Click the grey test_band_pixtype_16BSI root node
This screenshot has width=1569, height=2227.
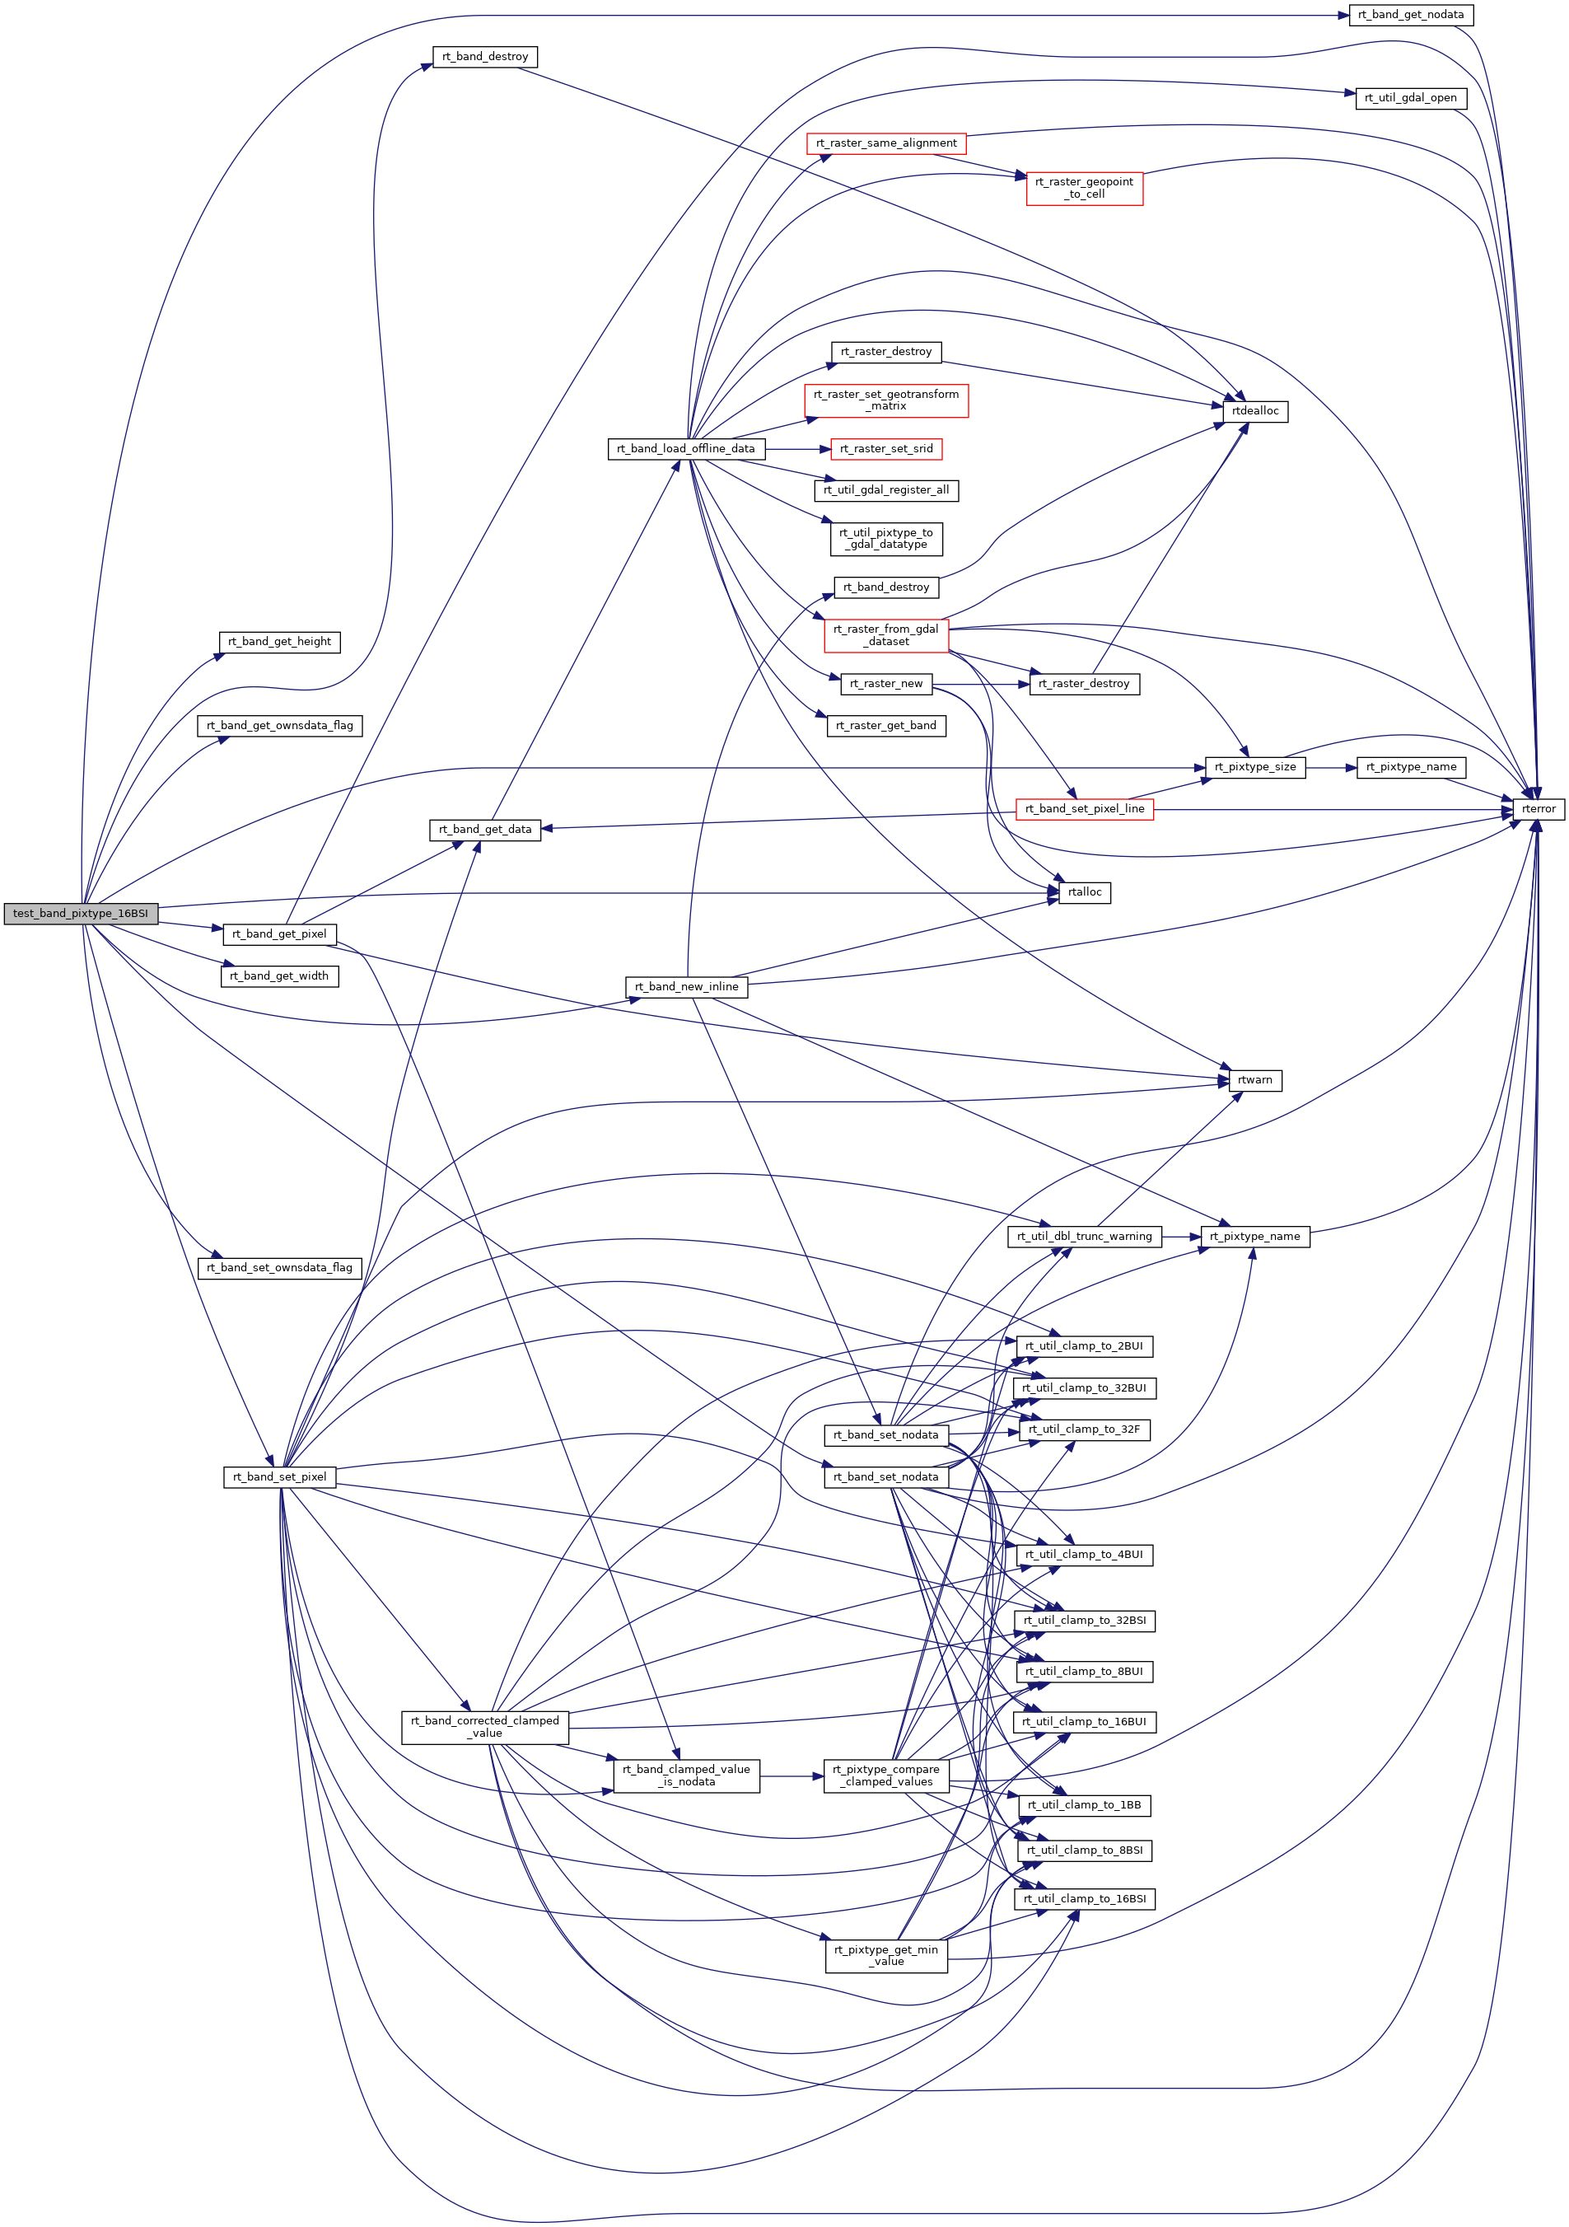coord(81,913)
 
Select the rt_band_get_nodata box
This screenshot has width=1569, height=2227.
coord(1411,15)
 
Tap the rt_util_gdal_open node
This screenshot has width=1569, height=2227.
coord(1410,98)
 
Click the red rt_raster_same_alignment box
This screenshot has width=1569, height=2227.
coord(886,143)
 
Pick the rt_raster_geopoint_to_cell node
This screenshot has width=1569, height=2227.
coord(1084,188)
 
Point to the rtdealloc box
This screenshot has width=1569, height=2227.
coord(1255,411)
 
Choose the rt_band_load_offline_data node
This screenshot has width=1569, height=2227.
coord(685,449)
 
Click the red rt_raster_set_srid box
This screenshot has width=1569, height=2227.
coord(886,449)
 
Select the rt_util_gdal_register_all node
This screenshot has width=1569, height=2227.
coord(886,491)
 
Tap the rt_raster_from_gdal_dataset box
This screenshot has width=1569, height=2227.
coord(886,635)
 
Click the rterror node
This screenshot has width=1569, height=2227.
coord(1538,809)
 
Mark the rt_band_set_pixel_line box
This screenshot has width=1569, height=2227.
coord(1084,809)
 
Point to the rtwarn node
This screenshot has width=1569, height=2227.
coord(1255,1080)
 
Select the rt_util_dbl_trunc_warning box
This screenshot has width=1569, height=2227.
coord(1084,1237)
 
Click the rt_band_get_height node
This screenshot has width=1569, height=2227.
coord(279,642)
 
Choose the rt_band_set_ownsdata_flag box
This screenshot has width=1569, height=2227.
coord(279,1268)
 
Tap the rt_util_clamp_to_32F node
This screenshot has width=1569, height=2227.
coord(1084,1429)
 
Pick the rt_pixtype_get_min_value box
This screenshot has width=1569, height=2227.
coord(886,1955)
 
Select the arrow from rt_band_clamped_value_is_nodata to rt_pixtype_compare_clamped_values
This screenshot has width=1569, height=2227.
coord(792,1776)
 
